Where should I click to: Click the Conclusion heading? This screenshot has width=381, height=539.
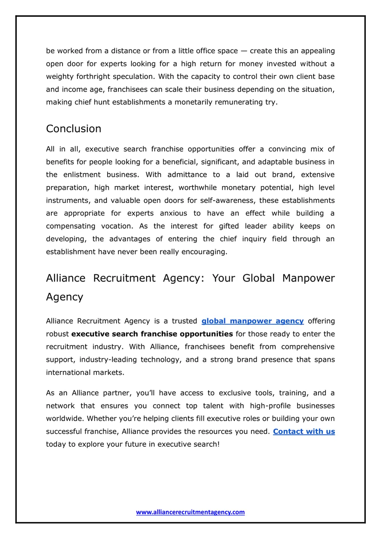point(74,129)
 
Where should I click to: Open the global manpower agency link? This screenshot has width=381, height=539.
point(253,321)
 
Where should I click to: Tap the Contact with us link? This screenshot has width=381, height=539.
point(304,431)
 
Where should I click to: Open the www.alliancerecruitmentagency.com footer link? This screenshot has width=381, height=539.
point(190,512)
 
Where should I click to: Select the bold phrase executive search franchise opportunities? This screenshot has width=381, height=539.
point(152,334)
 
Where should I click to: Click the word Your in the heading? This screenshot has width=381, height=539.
point(224,278)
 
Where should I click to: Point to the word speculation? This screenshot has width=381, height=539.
point(134,77)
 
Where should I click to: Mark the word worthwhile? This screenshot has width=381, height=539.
point(198,188)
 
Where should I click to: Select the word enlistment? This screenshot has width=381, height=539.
point(82,175)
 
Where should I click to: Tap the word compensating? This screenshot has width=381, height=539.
point(71,226)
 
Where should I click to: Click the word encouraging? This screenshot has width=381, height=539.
point(204,252)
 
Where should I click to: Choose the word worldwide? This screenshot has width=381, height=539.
point(64,419)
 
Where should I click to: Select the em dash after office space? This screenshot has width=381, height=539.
point(244,51)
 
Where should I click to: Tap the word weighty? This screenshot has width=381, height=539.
point(60,77)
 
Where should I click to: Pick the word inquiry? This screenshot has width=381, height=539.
point(254,239)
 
